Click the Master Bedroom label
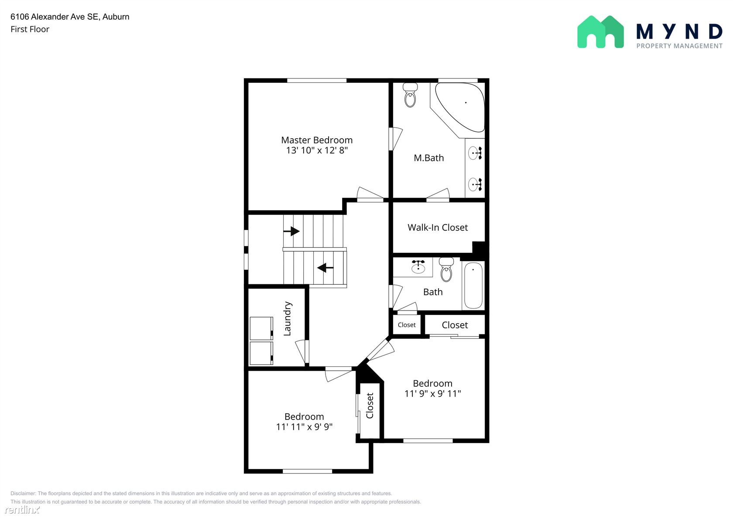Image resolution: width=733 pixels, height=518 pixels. point(317,140)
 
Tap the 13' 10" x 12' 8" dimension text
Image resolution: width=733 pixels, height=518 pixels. point(317,150)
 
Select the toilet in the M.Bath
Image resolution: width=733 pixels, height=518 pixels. point(410,95)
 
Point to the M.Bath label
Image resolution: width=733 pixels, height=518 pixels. point(428,158)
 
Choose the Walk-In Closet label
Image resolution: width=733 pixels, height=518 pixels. point(438,227)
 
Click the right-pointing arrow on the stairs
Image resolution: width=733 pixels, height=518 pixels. point(291,231)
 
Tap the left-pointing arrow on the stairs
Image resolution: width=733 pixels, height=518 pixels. point(325,268)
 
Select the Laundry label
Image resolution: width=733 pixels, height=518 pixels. point(287,318)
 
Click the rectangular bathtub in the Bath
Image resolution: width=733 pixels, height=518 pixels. point(473,286)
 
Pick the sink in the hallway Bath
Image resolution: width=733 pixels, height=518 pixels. point(418,266)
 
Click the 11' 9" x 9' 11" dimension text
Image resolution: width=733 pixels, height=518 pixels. point(433,393)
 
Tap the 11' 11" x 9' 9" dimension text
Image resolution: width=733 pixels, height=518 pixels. point(304,427)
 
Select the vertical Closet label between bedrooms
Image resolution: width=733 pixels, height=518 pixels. point(370,406)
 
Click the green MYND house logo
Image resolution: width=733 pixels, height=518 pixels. point(600,32)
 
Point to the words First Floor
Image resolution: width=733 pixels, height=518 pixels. point(30,29)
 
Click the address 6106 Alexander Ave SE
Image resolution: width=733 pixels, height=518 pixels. point(54,17)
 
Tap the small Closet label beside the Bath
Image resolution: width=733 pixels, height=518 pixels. point(407,325)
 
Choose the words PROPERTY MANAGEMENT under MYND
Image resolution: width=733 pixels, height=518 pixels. point(679,46)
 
